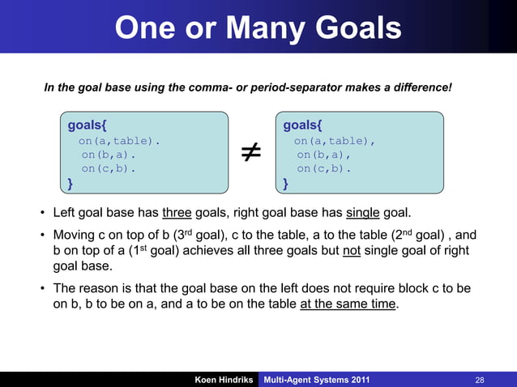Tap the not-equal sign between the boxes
click(x=250, y=154)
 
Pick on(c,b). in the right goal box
click(x=323, y=169)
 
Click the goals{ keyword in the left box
click(x=87, y=125)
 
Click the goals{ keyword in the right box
click(x=303, y=125)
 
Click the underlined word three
click(x=177, y=214)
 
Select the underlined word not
click(x=351, y=251)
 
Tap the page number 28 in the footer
click(x=480, y=379)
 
